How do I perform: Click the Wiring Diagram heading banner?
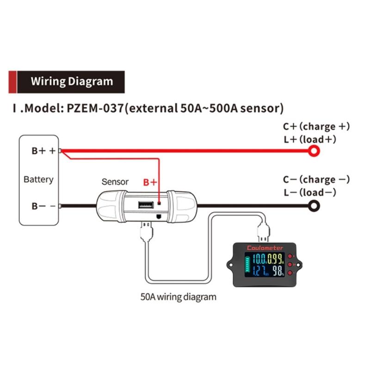[x=71, y=82]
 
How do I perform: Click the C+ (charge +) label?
[x=316, y=126]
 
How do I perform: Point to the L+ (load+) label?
[x=309, y=139]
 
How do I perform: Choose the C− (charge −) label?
[x=316, y=179]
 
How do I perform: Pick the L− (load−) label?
[x=309, y=192]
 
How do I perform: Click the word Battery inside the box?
[x=38, y=179]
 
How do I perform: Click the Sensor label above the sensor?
[x=115, y=182]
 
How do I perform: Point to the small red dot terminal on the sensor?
[x=159, y=202]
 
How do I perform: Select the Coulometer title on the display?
[x=265, y=248]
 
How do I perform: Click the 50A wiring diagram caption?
[x=178, y=296]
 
